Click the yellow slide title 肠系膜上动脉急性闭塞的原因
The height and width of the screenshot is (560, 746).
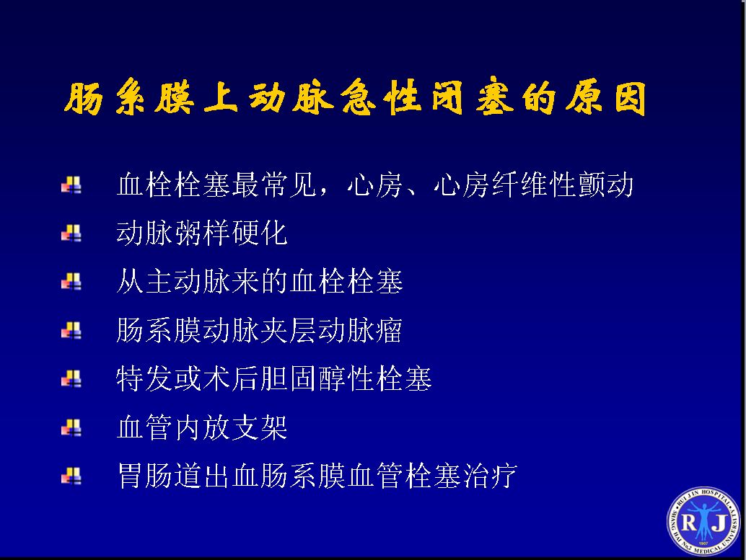tap(355, 97)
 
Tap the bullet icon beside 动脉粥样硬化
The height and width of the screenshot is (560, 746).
tap(71, 234)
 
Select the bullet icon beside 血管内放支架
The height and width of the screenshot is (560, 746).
tap(71, 427)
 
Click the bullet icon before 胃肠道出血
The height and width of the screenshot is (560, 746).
tap(71, 476)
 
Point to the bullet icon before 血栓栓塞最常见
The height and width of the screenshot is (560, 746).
tap(71, 185)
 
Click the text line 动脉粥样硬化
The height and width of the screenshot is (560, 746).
tap(202, 233)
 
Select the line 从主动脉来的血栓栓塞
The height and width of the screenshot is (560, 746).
tap(260, 281)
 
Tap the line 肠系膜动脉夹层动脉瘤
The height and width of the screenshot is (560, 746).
tap(259, 330)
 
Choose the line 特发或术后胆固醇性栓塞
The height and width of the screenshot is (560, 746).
tap(274, 378)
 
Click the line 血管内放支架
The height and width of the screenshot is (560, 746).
tap(202, 427)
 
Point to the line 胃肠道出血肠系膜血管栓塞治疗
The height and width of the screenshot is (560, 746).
tap(317, 476)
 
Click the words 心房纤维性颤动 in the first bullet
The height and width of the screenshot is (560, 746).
tap(533, 185)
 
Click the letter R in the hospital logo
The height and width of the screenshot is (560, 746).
tap(689, 523)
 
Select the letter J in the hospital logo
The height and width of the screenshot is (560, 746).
tap(719, 523)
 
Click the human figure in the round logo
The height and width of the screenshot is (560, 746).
tap(703, 520)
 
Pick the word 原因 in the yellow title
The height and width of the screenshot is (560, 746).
tap(606, 97)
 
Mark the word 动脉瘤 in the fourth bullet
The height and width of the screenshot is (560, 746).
tap(360, 330)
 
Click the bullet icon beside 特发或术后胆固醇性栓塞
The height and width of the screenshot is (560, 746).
tap(71, 379)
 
